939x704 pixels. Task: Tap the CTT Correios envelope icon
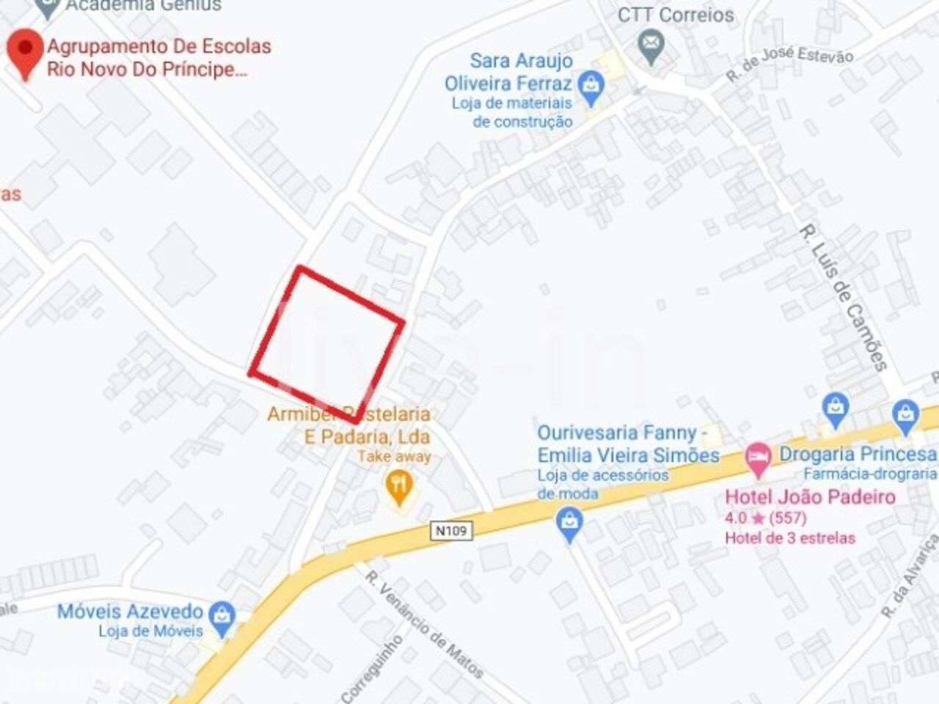point(650,45)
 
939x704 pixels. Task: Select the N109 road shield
point(450,530)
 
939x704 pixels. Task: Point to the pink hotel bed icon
point(758,458)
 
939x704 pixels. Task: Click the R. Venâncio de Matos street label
point(425,624)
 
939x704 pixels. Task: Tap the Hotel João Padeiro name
point(810,497)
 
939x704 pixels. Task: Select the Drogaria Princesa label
point(858,454)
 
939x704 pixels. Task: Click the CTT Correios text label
point(676,15)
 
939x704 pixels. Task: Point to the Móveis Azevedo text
point(130,612)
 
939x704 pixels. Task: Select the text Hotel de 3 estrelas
point(790,538)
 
